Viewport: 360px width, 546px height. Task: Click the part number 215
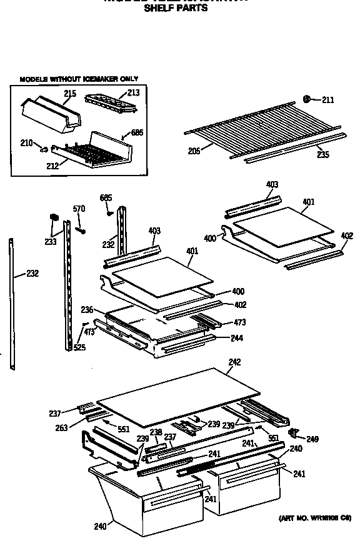(x=69, y=94)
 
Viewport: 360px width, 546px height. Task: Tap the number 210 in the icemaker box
(x=26, y=143)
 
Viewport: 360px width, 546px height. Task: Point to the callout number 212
(x=52, y=166)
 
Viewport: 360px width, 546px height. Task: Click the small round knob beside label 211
(x=307, y=99)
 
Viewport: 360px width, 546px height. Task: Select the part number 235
(x=322, y=154)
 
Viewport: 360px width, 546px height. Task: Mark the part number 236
(x=87, y=309)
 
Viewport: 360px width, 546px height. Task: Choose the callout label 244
(x=237, y=338)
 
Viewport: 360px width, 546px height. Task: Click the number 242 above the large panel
(x=234, y=362)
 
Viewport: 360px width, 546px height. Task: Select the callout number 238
(x=156, y=432)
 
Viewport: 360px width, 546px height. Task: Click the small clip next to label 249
(x=293, y=432)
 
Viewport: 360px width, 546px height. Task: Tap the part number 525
(x=79, y=347)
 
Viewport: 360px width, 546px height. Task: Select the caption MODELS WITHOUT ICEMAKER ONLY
(x=79, y=79)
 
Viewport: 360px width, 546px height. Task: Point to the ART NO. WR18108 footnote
(x=314, y=518)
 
